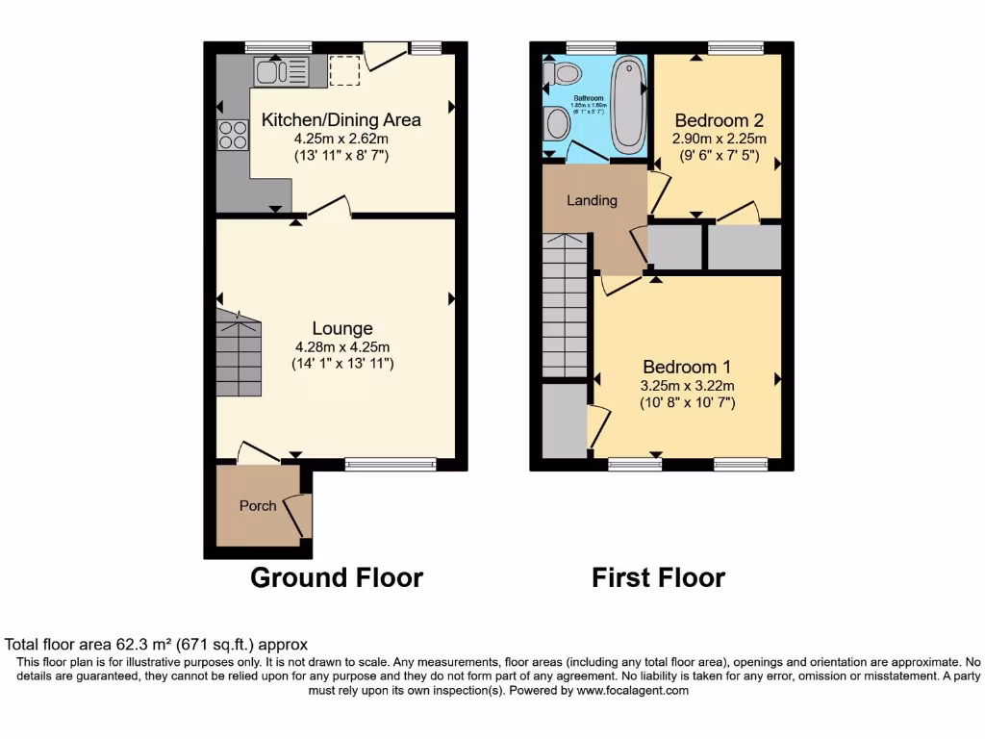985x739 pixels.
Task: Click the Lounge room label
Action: point(341,329)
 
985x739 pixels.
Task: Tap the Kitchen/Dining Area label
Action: point(341,120)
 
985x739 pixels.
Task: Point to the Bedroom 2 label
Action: point(719,120)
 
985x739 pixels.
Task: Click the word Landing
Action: point(592,200)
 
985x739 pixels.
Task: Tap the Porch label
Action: point(258,505)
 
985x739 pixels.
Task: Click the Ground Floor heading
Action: point(337,577)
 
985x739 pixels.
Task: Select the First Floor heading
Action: point(658,577)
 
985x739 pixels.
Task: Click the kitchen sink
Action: point(281,71)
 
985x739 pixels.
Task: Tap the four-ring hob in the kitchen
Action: point(232,136)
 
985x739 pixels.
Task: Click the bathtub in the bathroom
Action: point(628,104)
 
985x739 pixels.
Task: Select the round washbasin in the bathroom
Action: point(557,123)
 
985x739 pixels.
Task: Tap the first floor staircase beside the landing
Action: point(565,306)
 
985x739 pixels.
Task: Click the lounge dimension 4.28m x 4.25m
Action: point(341,347)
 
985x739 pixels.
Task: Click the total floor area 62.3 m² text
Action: point(157,645)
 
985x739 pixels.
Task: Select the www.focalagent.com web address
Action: point(632,690)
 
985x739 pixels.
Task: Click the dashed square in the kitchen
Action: point(343,70)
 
